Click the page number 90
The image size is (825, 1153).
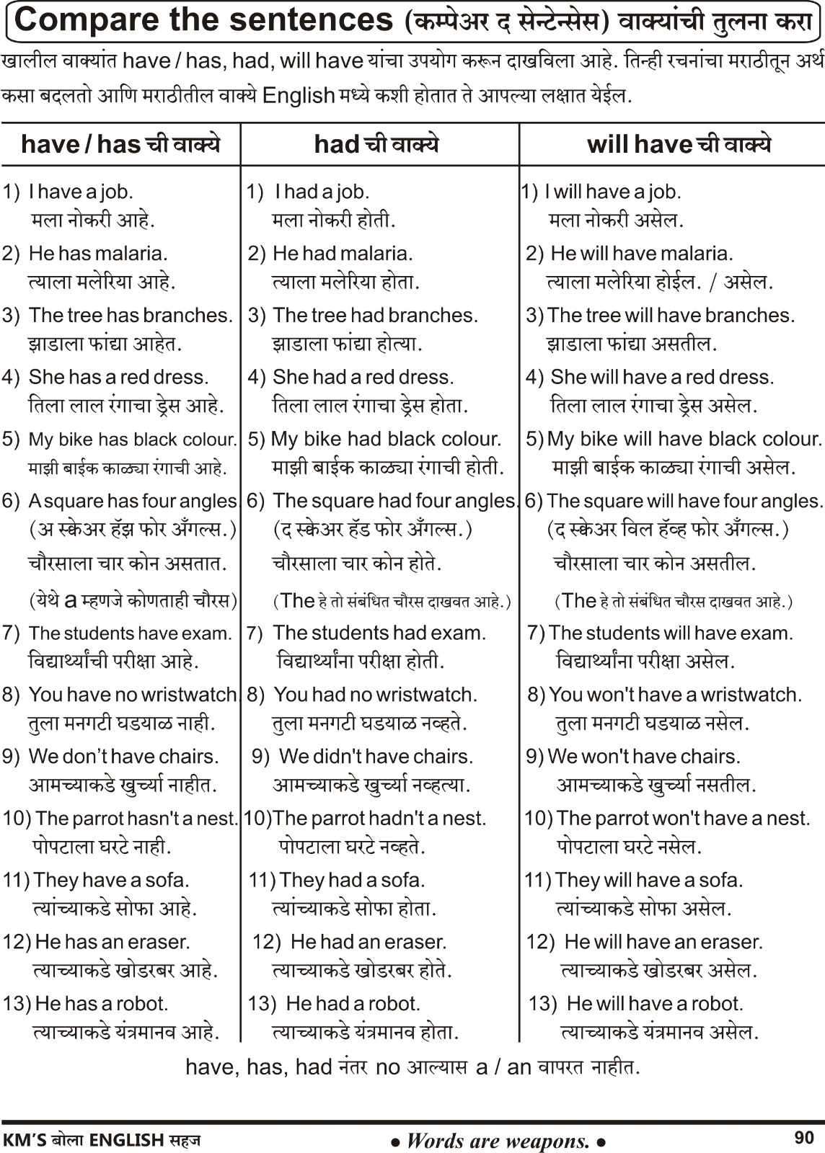point(803,1137)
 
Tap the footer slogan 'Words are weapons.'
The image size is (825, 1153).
point(498,1140)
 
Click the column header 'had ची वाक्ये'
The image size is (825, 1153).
point(376,145)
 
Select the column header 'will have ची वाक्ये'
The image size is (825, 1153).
point(679,145)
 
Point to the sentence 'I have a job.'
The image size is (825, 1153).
point(81,192)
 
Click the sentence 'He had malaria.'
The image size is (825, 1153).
point(343,254)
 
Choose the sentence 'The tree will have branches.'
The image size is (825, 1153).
point(671,316)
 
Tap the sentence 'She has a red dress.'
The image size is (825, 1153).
point(118,378)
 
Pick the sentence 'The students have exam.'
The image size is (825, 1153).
point(131,633)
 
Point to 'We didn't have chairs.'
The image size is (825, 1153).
point(376,757)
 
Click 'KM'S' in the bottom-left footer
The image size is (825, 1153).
point(25,1140)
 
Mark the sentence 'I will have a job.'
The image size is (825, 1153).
point(612,192)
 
